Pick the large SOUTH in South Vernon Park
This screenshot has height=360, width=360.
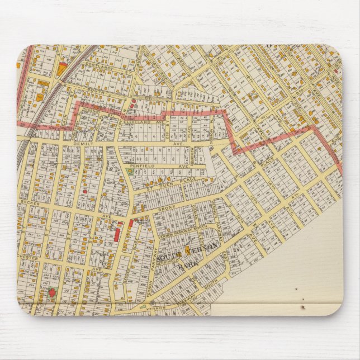pyautogui.click(x=168, y=258)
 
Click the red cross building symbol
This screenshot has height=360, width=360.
pyautogui.click(x=52, y=291)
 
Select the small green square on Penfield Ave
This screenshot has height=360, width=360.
pyautogui.click(x=130, y=172)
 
